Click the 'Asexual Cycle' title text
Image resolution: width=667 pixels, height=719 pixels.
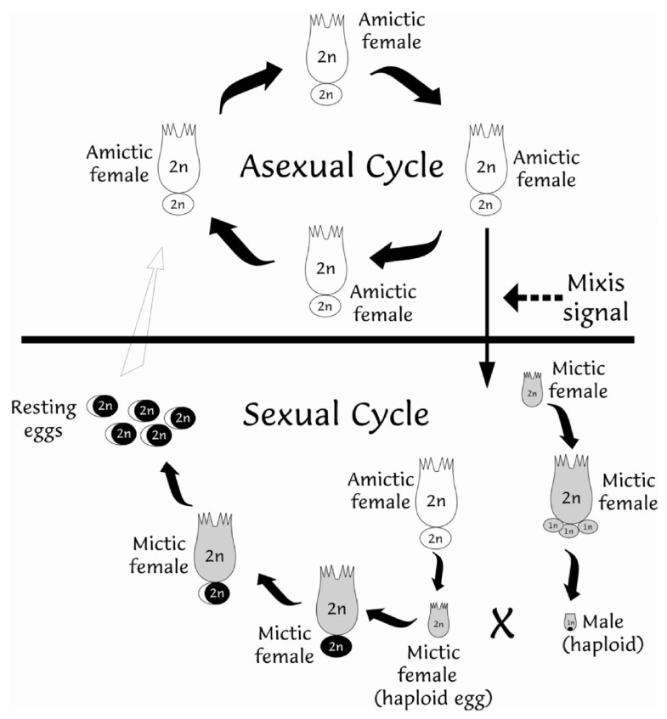[x=342, y=166]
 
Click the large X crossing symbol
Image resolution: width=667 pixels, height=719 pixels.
[x=503, y=624]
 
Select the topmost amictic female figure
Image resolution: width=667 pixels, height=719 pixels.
[x=325, y=52]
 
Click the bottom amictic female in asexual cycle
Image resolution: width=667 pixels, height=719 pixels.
[x=325, y=263]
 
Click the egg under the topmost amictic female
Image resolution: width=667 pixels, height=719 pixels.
[x=325, y=94]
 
